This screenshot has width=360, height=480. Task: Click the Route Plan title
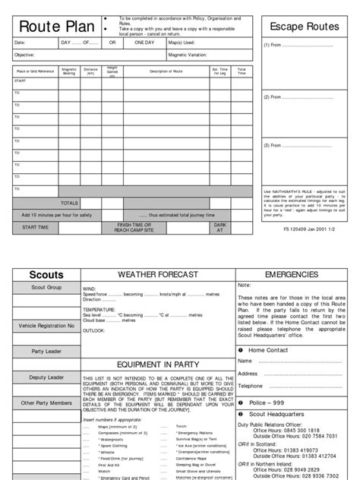(49, 27)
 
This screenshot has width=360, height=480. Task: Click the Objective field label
(24, 55)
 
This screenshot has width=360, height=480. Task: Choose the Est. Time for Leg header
(220, 72)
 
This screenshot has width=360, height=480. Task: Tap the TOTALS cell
(69, 203)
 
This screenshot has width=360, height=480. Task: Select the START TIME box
(36, 227)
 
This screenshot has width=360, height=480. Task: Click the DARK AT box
(219, 227)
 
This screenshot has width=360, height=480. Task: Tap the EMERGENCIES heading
(298, 273)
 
